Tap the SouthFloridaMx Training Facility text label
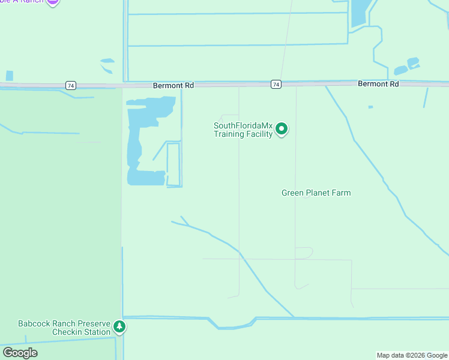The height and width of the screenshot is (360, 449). click(x=243, y=130)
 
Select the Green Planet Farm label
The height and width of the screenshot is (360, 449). click(x=316, y=193)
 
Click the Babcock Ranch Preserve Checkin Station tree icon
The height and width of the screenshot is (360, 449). click(x=120, y=327)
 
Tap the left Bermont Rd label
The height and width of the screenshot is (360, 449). click(x=173, y=86)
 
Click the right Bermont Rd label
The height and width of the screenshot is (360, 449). click(x=378, y=84)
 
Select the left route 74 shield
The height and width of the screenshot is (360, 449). click(x=71, y=86)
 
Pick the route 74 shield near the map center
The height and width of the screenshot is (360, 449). click(x=276, y=85)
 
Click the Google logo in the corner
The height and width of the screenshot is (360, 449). click(x=20, y=353)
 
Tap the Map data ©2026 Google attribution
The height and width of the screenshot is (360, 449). click(x=412, y=355)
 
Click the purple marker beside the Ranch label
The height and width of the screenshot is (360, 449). click(x=53, y=2)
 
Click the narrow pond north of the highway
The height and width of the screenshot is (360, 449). click(x=359, y=12)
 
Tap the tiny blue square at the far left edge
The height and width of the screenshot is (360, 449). click(x=9, y=76)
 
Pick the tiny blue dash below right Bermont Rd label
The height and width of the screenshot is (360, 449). click(x=370, y=107)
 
